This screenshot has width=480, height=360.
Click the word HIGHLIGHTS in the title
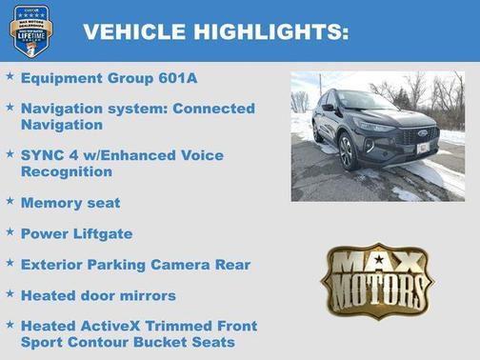270,32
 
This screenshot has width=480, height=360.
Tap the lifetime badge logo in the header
30,30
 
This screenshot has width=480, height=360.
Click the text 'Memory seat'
70,203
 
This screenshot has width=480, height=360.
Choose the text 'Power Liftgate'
76,232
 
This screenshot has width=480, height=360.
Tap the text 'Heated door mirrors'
98,294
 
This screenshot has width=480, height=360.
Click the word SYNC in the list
42,155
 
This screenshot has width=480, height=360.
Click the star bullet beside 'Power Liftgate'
10,230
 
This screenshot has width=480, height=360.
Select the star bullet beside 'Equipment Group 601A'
10,75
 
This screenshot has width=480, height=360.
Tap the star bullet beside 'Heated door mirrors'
10,292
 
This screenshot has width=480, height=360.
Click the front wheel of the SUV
349,152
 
